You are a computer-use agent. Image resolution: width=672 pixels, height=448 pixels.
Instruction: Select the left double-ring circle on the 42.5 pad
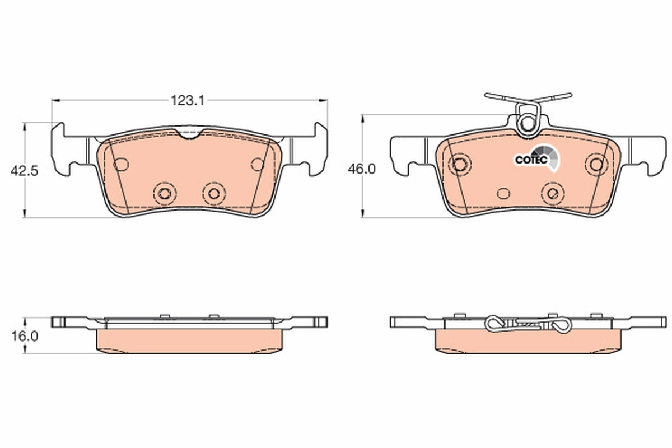tap(164, 193)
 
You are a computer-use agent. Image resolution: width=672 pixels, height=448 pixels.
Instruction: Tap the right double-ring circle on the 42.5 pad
tap(213, 193)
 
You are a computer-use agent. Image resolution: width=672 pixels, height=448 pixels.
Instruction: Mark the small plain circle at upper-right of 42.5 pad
tap(258, 164)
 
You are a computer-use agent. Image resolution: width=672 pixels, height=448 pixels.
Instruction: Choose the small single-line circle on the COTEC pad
tap(504, 193)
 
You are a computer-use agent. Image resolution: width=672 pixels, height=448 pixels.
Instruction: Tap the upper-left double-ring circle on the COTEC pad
tap(460, 164)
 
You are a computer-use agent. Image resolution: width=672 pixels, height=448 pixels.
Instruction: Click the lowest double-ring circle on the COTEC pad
tap(552, 193)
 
